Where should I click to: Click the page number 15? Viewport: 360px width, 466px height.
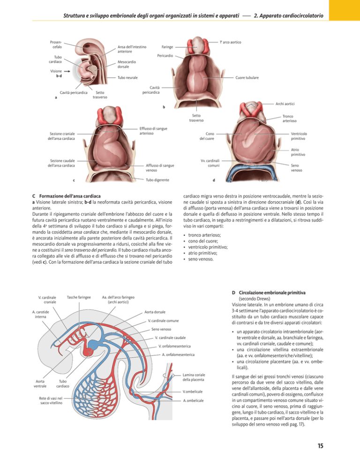320,445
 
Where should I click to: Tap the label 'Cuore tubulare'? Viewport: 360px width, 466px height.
247,77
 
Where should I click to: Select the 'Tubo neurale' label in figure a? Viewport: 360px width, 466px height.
127,77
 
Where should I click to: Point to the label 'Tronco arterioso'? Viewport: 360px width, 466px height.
289,119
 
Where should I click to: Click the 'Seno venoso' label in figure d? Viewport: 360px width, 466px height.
296,168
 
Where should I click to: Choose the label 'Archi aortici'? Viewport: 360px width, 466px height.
285,104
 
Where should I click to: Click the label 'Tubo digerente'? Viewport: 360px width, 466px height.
157,180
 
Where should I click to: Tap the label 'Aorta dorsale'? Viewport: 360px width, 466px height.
155,312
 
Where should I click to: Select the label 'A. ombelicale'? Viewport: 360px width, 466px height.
194,401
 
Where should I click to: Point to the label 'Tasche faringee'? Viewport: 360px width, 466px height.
79,297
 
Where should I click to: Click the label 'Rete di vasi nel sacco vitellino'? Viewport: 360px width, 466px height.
51,401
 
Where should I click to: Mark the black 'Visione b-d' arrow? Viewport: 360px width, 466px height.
67,71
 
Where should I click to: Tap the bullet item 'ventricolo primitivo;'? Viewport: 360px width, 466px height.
208,247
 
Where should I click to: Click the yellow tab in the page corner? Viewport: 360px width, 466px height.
345,10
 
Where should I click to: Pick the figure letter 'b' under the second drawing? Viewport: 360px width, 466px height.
164,107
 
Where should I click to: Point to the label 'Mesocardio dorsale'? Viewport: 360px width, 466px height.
127,64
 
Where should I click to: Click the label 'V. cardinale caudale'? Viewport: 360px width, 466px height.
170,338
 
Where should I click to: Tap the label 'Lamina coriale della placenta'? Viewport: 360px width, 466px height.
194,377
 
